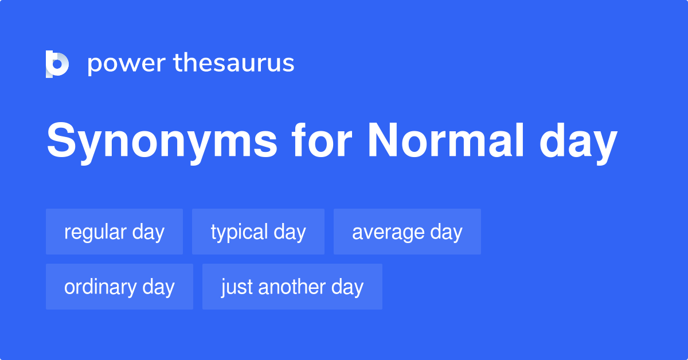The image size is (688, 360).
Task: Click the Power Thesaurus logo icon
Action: pos(57,64)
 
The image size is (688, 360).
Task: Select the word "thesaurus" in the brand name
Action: pos(234,62)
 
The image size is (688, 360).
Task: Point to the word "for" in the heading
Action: pos(322,140)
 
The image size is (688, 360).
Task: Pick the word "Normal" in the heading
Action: pos(445,140)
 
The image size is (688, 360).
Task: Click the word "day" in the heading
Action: pos(578,143)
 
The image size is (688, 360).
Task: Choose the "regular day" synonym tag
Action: pos(114,232)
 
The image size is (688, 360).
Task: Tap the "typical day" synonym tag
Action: pos(258,232)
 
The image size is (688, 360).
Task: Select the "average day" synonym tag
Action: pos(407,232)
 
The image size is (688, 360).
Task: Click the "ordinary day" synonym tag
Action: pos(119,287)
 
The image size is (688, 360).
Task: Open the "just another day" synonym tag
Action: pos(292,287)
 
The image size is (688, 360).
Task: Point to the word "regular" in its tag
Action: pos(95,233)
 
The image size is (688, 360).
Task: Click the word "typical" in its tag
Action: pos(239,233)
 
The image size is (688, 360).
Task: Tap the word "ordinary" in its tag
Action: pos(100,288)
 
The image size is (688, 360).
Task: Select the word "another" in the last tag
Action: pos(291,287)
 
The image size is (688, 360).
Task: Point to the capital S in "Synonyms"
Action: pos(61,140)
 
